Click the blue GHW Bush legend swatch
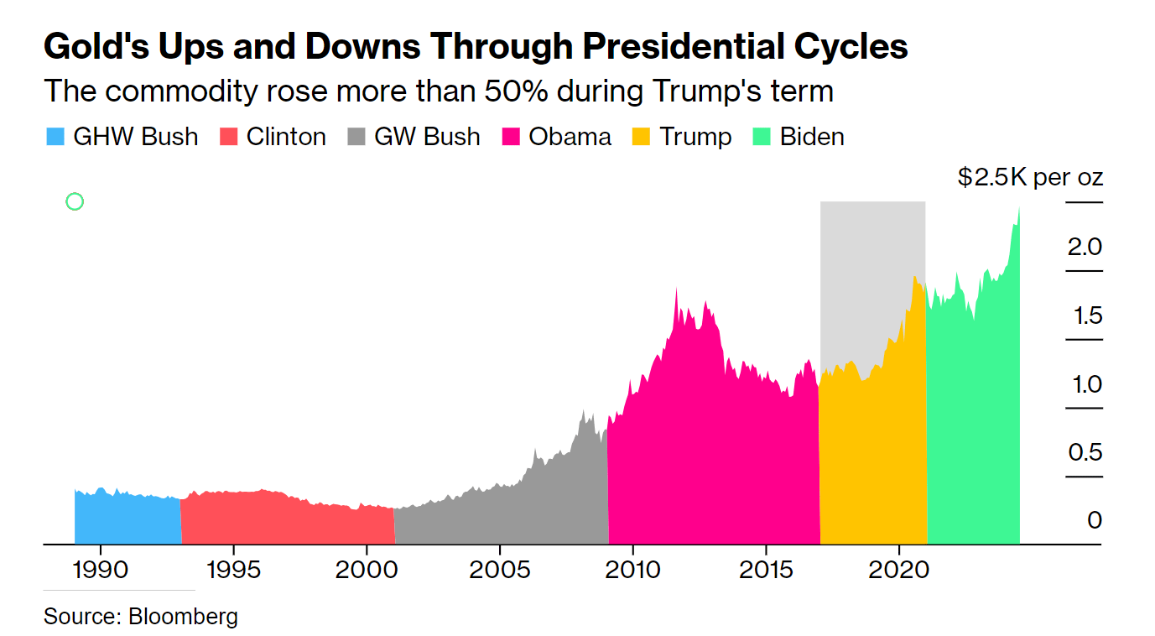tap(55, 137)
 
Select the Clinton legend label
tap(286, 137)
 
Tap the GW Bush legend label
tap(427, 137)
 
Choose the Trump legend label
tap(695, 137)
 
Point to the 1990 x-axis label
tap(101, 570)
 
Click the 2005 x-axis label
tap(499, 570)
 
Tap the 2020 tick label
tap(898, 570)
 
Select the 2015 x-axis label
tap(766, 570)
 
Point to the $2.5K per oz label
tap(1030, 178)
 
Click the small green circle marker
tap(75, 201)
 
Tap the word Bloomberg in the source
tap(183, 617)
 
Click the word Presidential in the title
tap(660, 47)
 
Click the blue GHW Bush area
tap(126, 520)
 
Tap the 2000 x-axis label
tap(366, 570)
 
